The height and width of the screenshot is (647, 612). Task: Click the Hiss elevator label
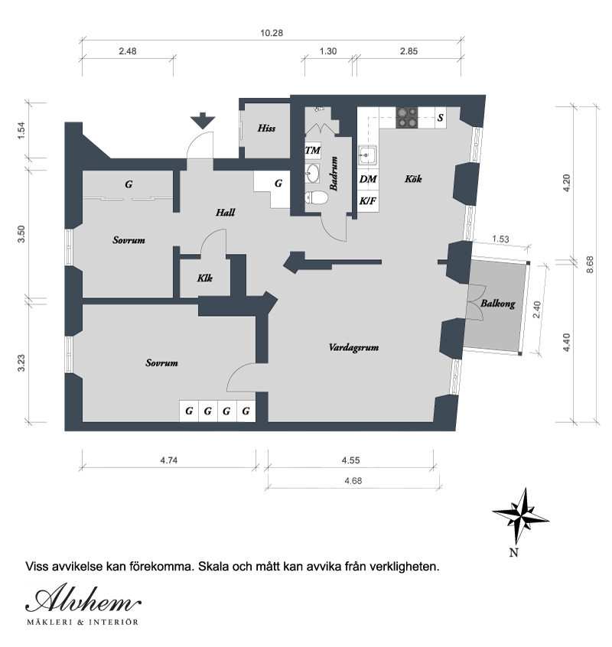[x=266, y=128]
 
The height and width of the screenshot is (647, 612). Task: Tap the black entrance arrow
[x=203, y=121]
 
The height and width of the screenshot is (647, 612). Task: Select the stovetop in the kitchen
[x=407, y=118]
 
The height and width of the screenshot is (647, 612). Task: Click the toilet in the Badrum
[x=316, y=198]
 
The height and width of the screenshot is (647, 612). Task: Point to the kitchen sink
[x=367, y=155]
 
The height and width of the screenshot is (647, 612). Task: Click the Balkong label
[x=498, y=304]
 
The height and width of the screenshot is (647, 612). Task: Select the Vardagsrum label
[x=353, y=347]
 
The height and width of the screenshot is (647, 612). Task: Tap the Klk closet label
[x=205, y=278]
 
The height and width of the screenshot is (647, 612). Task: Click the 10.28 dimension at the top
[x=272, y=33]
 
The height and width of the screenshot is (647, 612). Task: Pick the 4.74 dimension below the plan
[x=169, y=460]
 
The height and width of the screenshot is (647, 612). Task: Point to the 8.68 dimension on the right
[x=590, y=265]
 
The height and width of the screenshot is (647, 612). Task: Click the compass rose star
[x=520, y=515]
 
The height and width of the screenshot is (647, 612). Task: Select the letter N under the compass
[x=514, y=553]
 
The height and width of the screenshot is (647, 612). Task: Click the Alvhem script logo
[x=83, y=598]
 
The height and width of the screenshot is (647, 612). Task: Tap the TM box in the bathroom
[x=312, y=150]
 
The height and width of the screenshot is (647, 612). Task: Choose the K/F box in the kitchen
[x=368, y=201]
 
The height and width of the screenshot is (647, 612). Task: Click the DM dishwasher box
[x=368, y=179]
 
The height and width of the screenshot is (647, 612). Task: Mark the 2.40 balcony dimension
[x=536, y=310]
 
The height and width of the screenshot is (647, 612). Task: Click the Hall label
[x=226, y=213]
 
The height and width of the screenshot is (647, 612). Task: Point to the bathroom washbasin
[x=312, y=174]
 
